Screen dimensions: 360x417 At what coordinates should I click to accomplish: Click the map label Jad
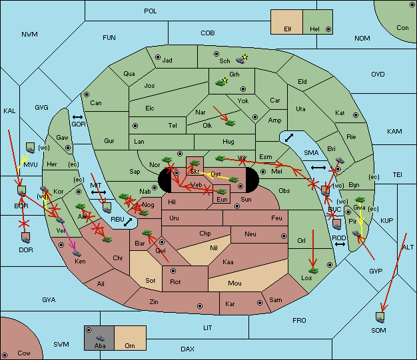point(167,60)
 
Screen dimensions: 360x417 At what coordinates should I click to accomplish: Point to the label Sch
point(224,61)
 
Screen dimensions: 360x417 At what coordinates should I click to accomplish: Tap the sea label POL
point(151,11)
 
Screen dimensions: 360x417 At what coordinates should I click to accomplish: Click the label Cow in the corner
point(24,353)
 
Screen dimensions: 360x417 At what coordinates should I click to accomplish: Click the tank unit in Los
point(312,270)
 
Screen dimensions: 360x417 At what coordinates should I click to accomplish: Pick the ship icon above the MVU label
point(30,146)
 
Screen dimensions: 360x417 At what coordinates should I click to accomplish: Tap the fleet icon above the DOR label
point(25,236)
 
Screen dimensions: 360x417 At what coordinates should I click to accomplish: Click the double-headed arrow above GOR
point(78,117)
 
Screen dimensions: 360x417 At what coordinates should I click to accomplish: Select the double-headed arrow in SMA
point(288,137)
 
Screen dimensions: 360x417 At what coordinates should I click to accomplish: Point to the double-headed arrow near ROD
point(340,245)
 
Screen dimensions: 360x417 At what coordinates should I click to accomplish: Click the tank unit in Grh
point(220,83)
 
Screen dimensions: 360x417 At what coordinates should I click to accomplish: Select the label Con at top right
point(402,27)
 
